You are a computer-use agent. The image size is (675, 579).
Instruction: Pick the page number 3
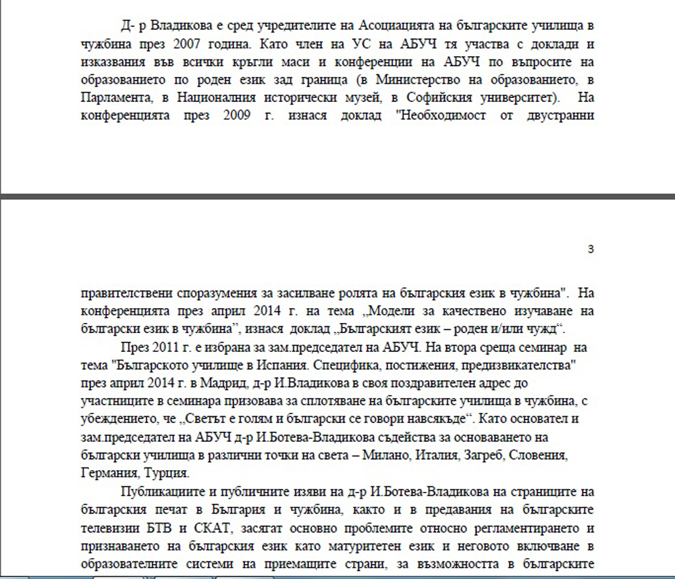(591, 249)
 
